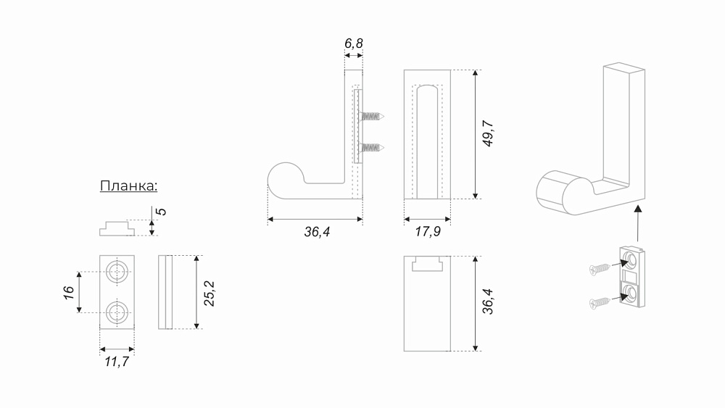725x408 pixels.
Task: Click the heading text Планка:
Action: (128, 186)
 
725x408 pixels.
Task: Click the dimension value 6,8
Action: (354, 43)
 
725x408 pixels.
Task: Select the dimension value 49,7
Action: (488, 133)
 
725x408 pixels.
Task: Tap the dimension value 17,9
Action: (428, 231)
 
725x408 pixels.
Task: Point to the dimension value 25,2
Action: (210, 293)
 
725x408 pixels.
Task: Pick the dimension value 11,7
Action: (117, 362)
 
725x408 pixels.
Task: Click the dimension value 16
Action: (69, 293)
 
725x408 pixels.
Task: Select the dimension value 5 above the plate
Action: (161, 212)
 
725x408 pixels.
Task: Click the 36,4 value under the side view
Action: (318, 231)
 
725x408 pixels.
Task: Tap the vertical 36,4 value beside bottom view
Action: (488, 301)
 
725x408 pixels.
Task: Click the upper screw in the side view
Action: (372, 117)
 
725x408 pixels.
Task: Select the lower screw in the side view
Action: (372, 148)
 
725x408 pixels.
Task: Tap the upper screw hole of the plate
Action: (117, 272)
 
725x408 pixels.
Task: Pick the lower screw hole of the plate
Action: (117, 312)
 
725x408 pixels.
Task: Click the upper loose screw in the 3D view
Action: (600, 268)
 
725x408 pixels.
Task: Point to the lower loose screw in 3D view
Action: (600, 303)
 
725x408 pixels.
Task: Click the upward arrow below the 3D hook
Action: (638, 224)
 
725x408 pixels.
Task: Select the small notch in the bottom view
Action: (427, 264)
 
